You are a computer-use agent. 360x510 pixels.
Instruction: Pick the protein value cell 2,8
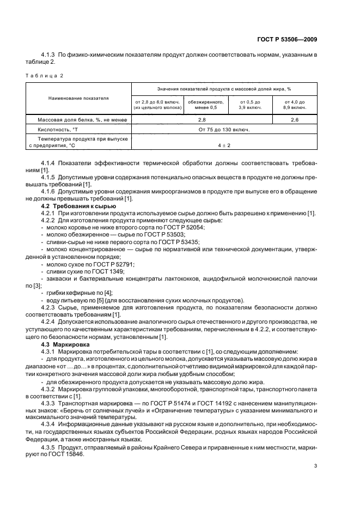pyautogui.click(x=202, y=119)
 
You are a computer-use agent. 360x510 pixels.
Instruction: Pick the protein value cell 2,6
pyautogui.click(x=295, y=119)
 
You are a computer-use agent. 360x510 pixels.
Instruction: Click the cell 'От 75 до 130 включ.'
pyautogui.click(x=224, y=130)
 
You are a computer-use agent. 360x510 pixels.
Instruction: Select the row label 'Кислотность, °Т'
pyautogui.click(x=60, y=130)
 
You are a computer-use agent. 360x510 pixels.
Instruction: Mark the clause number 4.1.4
pyautogui.click(x=50, y=163)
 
